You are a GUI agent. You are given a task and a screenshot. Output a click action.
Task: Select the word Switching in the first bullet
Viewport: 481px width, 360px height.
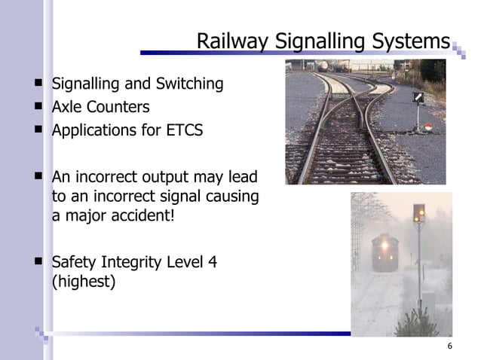tap(188, 84)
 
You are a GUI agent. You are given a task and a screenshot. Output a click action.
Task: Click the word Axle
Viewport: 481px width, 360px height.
tap(66, 107)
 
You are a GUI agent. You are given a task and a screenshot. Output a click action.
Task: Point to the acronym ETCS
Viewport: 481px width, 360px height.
tap(183, 130)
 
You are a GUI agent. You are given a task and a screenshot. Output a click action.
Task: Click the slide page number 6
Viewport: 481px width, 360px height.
tap(449, 346)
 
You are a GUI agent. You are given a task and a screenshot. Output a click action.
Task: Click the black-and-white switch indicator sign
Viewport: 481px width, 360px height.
tap(418, 98)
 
